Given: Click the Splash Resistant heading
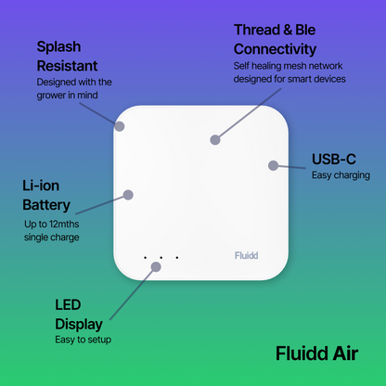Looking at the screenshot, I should point(67,56).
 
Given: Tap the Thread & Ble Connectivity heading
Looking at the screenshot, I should point(276,39).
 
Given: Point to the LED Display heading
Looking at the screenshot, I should point(79,315).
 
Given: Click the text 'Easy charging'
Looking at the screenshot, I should point(341,175).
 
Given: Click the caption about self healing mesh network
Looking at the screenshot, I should point(289,72).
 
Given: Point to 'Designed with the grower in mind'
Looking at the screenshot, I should point(73,89).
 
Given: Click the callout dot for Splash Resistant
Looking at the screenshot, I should point(119,122).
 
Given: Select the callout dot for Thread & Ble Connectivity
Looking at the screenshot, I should point(215,139).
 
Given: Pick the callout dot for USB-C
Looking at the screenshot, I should point(273,165).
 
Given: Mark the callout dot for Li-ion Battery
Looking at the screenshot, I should point(129,195).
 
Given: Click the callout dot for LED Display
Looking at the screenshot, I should point(156,266).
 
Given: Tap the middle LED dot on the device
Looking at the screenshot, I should point(161,257).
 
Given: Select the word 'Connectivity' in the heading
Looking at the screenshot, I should point(276,48).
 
